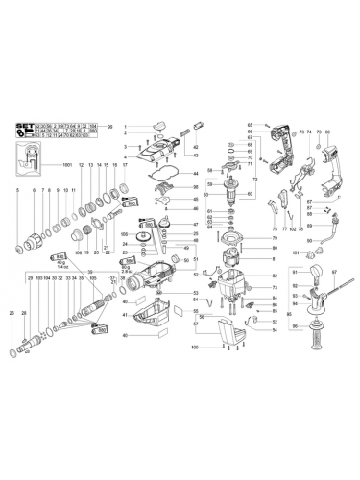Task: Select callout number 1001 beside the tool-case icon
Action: point(67,169)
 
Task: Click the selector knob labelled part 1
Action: point(159,126)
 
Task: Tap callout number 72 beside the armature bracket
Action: point(255,180)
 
